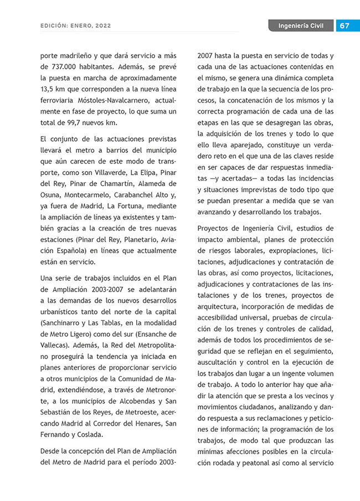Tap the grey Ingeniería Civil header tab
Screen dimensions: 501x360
click(x=301, y=26)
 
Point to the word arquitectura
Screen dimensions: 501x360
click(x=221, y=306)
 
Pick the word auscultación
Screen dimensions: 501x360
click(x=222, y=362)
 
